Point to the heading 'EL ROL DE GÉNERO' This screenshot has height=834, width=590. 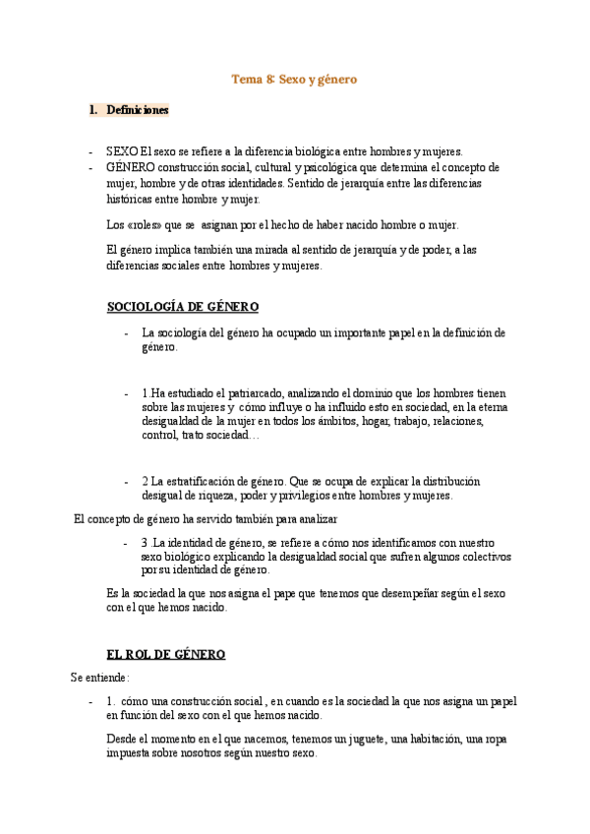(166, 654)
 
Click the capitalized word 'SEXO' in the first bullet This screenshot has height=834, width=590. (122, 152)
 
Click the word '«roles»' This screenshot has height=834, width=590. (145, 225)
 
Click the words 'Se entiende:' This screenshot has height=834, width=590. (99, 678)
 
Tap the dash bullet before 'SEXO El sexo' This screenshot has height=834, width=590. (90, 152)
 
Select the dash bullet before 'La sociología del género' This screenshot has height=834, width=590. (126, 332)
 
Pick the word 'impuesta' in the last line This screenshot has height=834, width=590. (128, 753)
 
